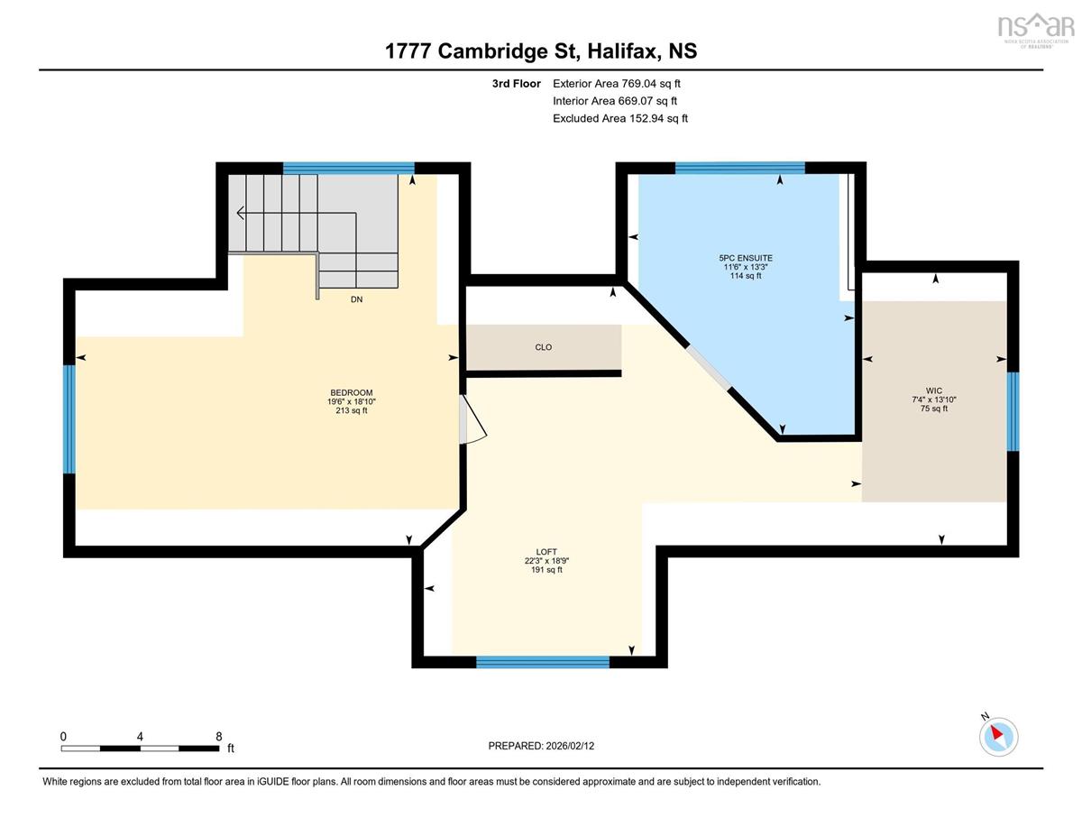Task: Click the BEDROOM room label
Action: pos(352,392)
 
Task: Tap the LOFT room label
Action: pos(546,552)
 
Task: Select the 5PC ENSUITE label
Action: pos(746,258)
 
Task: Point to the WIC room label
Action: pos(934,390)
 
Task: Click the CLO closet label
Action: pos(543,347)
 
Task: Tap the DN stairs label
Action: pos(356,299)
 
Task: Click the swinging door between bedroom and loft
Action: pos(472,419)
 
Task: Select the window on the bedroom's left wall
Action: pos(69,419)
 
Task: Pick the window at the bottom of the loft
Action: pos(543,662)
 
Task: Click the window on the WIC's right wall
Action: pos(1013,411)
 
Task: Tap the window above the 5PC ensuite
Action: pos(740,168)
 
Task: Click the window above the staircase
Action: pos(349,168)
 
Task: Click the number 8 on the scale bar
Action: pos(218,736)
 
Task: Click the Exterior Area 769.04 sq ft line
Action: pos(617,84)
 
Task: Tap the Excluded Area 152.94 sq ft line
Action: pos(620,118)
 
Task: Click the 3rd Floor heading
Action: pos(517,84)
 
